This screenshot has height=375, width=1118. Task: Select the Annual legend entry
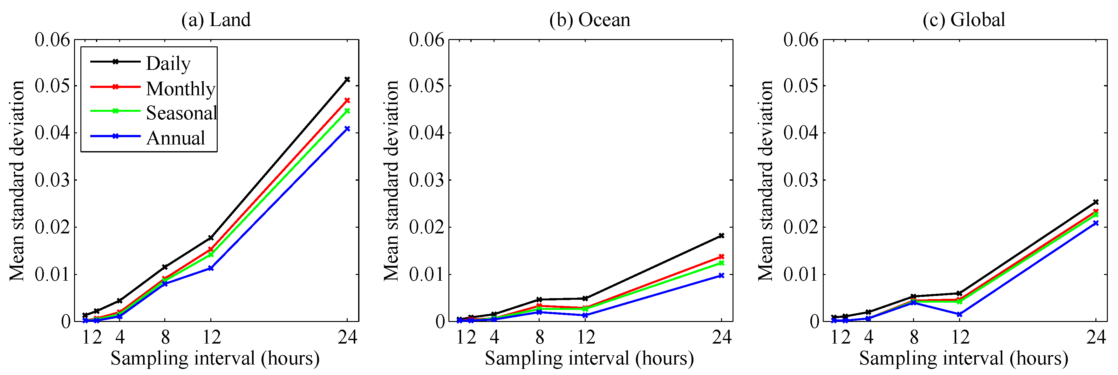(x=175, y=138)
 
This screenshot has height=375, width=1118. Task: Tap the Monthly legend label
(x=181, y=89)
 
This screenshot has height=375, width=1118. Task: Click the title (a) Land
(x=216, y=20)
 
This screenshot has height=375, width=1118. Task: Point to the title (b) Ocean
(x=590, y=20)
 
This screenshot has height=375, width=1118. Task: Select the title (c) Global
(x=964, y=20)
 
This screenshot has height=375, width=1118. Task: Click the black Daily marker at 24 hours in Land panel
(x=347, y=80)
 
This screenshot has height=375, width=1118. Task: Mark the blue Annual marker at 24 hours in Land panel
(x=347, y=129)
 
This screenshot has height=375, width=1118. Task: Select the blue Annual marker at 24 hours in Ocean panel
(x=721, y=275)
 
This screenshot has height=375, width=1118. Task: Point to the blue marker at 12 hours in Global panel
(x=960, y=314)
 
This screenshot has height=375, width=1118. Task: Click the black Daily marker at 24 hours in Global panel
(x=1096, y=202)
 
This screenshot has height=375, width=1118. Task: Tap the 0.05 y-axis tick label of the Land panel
(x=52, y=86)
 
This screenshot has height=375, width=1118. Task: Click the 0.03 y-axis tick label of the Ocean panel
(x=426, y=180)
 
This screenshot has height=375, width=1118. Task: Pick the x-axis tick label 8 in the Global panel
(x=914, y=337)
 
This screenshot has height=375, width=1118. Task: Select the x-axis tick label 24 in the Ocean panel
(x=721, y=337)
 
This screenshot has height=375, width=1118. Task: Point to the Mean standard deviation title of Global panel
(x=766, y=180)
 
